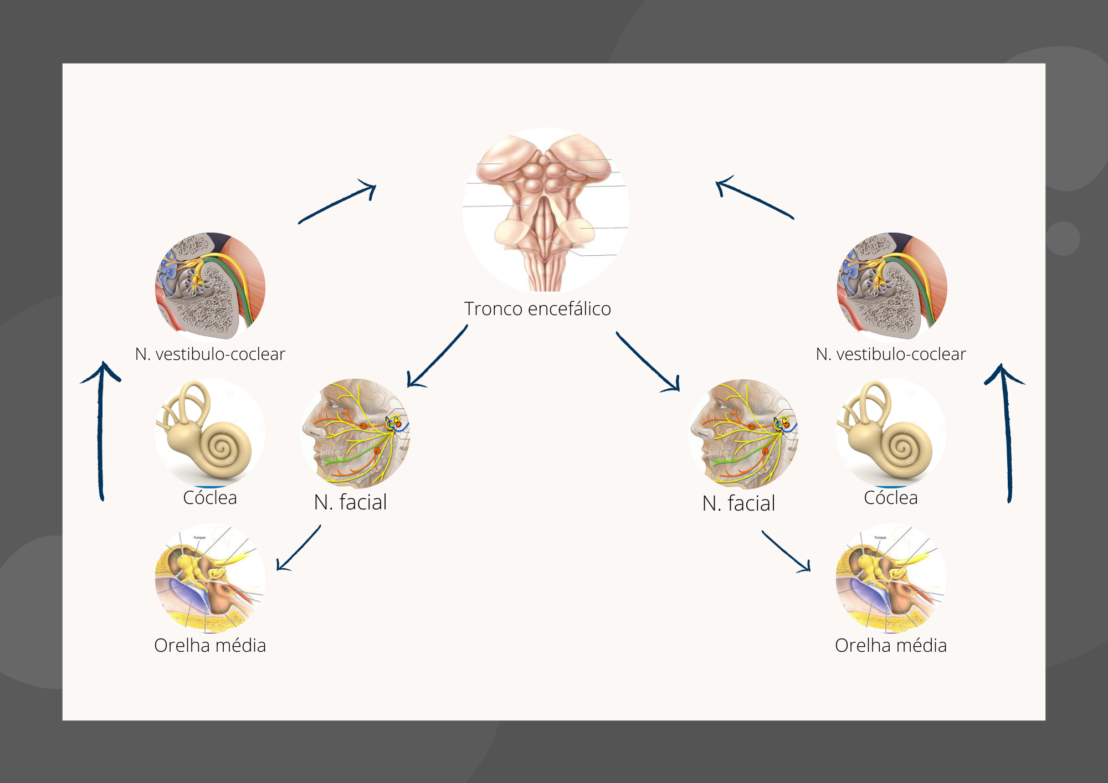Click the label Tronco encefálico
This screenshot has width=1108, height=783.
tap(537, 309)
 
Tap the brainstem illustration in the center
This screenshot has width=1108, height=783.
tap(546, 210)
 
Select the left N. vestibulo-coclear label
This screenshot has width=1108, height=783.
tap(210, 354)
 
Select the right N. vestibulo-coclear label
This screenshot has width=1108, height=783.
tap(891, 354)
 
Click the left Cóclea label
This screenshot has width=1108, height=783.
tap(210, 498)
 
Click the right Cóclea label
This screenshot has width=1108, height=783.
tap(891, 498)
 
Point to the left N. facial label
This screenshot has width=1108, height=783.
tap(350, 503)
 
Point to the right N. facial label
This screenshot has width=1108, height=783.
tap(738, 504)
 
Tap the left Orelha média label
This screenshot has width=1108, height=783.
tap(210, 646)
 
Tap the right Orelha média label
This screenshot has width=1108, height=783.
tap(891, 646)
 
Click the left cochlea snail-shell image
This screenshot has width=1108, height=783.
tap(210, 432)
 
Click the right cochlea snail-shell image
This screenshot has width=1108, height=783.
tap(891, 432)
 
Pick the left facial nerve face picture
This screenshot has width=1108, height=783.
tap(355, 434)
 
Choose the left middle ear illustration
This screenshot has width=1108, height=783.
tap(210, 578)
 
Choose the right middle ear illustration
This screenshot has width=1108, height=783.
tap(891, 578)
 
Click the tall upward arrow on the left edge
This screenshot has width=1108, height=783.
tap(101, 432)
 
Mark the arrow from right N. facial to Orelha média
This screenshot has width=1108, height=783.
tap(786, 552)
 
